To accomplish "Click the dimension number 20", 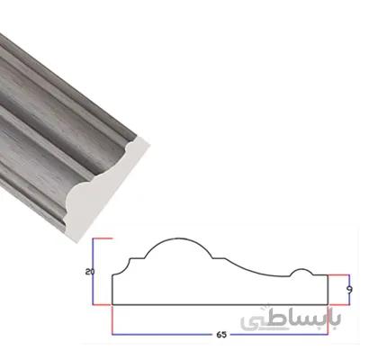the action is click(90, 272).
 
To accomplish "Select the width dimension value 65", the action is click(221, 335).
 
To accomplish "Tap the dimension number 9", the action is click(349, 290).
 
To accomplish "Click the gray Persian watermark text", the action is click(291, 320).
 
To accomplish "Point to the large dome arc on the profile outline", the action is click(179, 238).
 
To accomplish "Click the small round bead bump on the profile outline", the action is click(302, 269).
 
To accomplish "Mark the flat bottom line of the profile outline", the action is click(220, 304).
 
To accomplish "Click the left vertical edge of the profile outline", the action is click(112, 290).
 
